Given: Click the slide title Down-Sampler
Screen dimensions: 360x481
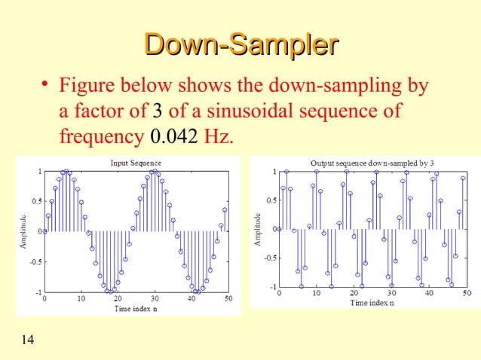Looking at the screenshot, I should click(240, 44).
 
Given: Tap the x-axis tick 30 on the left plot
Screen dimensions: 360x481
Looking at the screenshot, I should click(154, 299).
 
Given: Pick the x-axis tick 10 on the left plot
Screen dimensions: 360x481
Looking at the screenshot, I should click(81, 299).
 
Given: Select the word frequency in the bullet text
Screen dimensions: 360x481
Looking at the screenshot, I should click(98, 138).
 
